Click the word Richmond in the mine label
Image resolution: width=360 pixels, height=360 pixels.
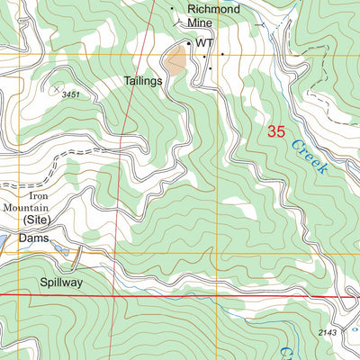click(213, 9)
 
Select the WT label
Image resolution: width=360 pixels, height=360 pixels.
click(204, 42)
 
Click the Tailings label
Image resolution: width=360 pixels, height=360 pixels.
click(143, 81)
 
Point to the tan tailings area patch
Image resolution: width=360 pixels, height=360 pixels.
click(175, 62)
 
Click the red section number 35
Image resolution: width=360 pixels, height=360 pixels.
click(277, 131)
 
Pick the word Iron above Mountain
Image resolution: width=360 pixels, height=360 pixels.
click(38, 194)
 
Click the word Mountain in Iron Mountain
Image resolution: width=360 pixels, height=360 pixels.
click(26, 206)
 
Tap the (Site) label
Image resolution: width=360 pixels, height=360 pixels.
click(37, 219)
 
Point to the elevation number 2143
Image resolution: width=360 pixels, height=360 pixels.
click(330, 333)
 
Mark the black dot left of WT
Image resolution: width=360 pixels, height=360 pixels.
click(188, 42)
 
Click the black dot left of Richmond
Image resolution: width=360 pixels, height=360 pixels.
click(173, 8)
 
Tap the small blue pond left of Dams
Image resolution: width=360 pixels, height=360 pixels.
click(4, 239)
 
